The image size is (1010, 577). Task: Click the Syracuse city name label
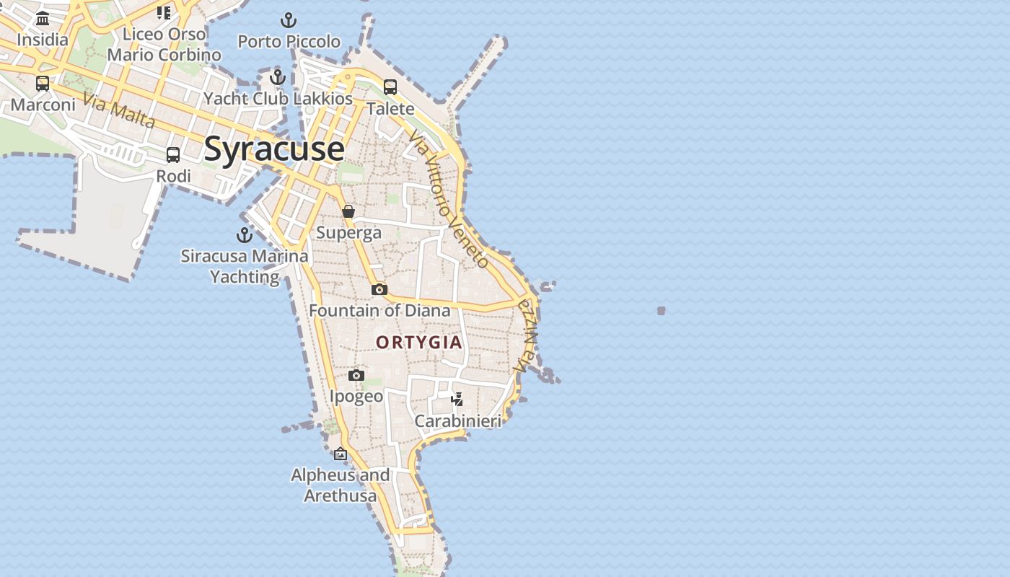pos(274,149)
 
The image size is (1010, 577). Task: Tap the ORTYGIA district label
pos(419,342)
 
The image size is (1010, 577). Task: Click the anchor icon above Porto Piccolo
pos(289,20)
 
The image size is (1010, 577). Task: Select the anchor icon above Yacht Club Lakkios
pos(278,77)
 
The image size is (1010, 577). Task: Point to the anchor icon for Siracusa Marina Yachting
pos(245,235)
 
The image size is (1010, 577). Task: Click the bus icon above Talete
pos(390,87)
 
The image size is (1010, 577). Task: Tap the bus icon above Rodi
pos(173,154)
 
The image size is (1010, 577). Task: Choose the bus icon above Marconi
pos(43,84)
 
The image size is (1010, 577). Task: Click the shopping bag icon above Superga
pos(348,211)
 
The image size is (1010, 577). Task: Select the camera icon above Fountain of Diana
pos(379,289)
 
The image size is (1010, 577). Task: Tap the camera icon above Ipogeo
pos(356,375)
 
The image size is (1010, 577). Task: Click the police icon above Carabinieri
pos(457,399)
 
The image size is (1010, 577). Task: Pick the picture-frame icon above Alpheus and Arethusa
pos(341,454)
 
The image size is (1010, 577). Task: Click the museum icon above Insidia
pos(43,18)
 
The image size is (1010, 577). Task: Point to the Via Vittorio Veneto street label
pos(448,199)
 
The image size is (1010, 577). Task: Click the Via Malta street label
pos(119,110)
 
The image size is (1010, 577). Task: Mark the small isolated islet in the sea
pos(661,311)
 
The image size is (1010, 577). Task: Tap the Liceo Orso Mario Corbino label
pos(164,44)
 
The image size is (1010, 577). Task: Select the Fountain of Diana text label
pos(379,311)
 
